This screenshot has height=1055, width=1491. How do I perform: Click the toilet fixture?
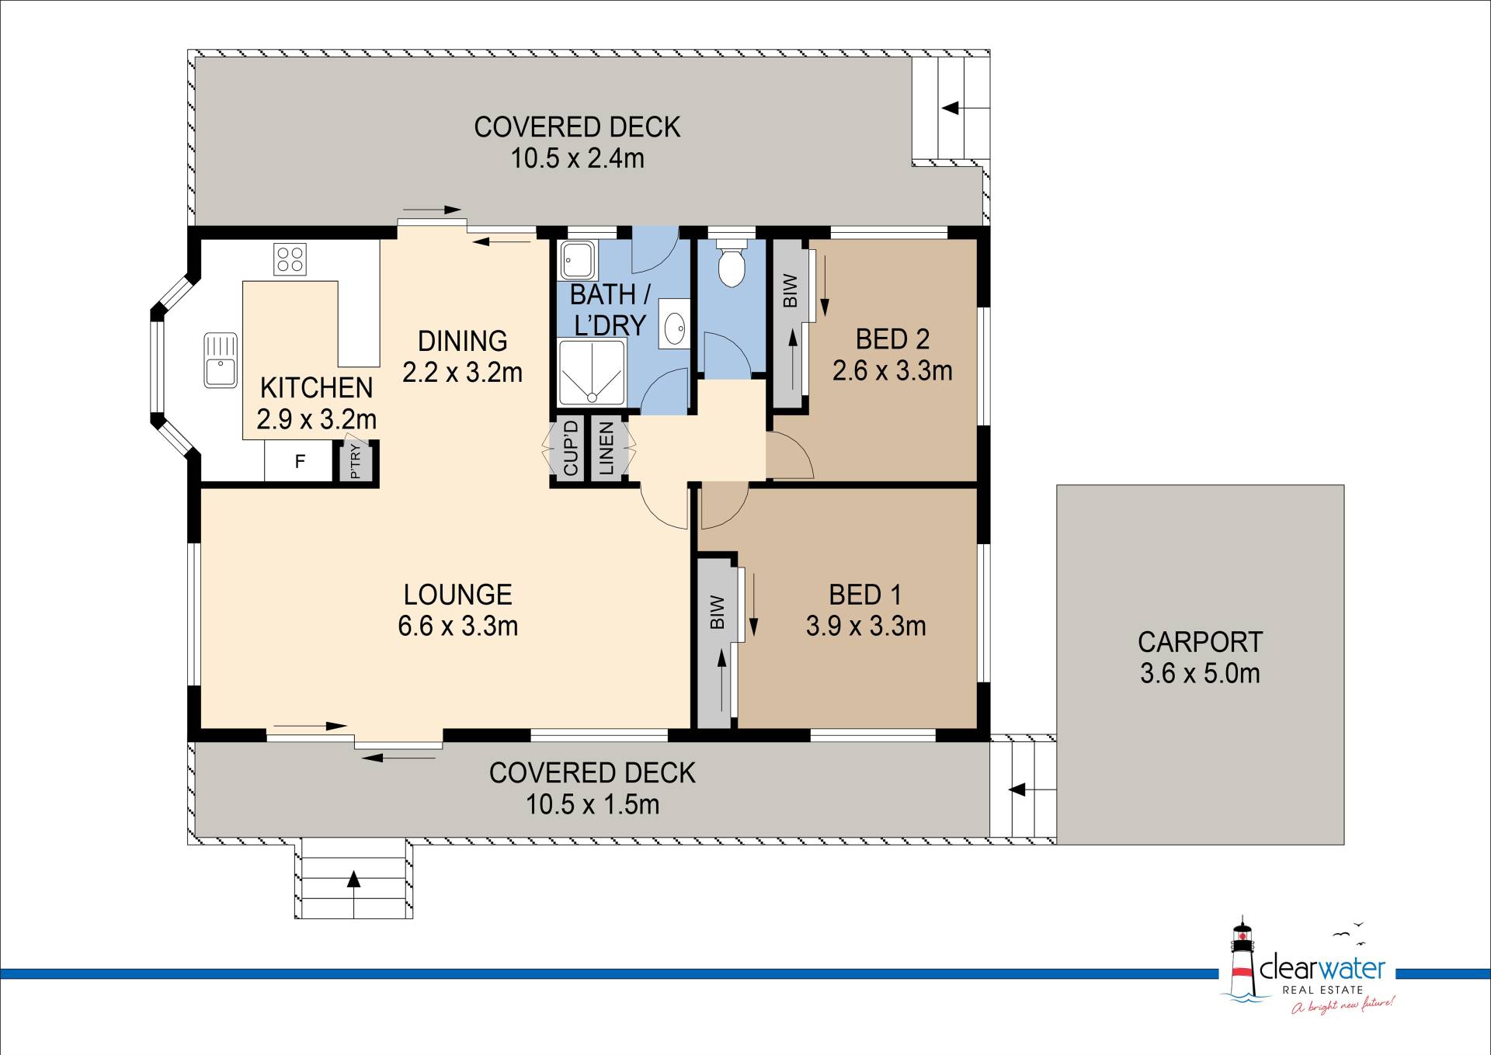point(731,263)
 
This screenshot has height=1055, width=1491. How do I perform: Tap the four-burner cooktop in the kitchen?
point(290,259)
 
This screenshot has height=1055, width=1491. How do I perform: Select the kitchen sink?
point(221,359)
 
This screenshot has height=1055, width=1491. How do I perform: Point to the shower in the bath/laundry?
point(591,372)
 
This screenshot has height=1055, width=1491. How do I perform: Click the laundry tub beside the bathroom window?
point(578,259)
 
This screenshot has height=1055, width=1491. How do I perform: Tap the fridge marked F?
point(300,461)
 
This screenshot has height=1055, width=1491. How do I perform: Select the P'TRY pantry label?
point(356,461)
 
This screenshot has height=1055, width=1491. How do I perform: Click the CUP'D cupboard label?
point(571,448)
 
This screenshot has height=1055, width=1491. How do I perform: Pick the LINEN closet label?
point(606,449)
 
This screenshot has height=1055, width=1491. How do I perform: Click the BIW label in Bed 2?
point(790,290)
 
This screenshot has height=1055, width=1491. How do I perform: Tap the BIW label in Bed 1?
point(717,613)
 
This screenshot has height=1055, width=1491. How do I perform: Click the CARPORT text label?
point(1200,642)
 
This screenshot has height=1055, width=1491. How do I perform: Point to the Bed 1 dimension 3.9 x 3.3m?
point(866,626)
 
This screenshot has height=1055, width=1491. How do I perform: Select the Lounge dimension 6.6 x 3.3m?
point(457,626)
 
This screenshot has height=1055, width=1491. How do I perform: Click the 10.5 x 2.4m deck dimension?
point(577,158)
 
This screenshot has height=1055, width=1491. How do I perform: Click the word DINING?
point(462,341)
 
